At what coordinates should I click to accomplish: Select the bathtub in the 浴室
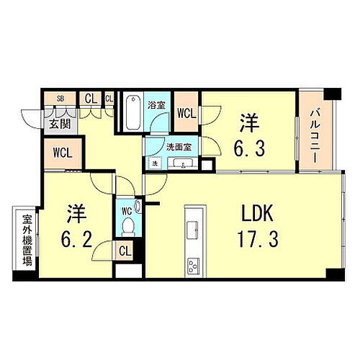132,114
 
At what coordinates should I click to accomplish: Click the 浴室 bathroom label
156,104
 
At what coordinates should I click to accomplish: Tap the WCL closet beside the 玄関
62,153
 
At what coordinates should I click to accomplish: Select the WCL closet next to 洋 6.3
186,113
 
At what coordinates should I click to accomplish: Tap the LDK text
253,214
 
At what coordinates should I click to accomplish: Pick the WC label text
126,211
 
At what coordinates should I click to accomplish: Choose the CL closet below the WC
125,251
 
